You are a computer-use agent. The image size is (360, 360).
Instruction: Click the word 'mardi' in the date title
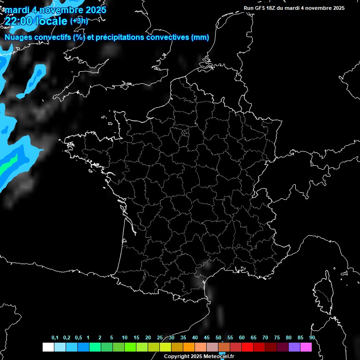16,10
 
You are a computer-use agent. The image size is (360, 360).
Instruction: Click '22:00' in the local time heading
19,22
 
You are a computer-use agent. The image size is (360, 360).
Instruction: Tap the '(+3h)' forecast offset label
79,21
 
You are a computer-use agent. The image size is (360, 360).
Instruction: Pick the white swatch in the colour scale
48,347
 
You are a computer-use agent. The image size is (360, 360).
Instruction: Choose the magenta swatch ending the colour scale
306,347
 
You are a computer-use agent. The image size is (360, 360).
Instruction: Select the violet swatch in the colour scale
294,347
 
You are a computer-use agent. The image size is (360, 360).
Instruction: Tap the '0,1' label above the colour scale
55,338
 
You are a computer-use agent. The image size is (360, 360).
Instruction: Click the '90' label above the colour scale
312,338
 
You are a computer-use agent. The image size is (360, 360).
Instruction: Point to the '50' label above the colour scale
218,338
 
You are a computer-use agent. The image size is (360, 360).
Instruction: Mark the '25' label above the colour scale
160,338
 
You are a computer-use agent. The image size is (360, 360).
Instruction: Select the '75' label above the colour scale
277,338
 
